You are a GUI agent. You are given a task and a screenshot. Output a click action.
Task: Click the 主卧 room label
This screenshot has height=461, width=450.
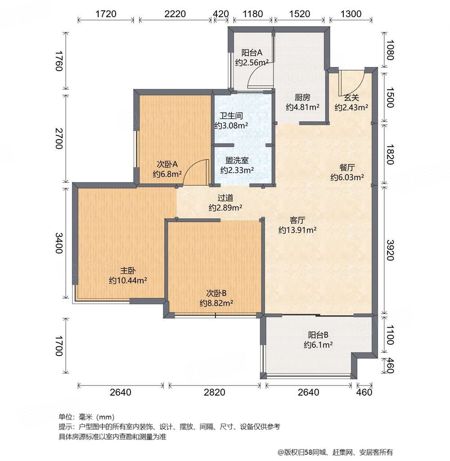tap(128, 271)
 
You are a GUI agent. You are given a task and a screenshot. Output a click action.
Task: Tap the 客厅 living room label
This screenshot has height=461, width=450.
tap(297, 220)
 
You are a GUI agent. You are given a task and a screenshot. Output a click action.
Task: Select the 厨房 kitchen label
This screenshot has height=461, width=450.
tap(302, 97)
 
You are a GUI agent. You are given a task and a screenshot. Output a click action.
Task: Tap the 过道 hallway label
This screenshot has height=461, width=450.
tap(225, 198)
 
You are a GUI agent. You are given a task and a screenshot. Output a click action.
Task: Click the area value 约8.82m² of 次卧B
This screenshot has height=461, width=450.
tap(216, 303)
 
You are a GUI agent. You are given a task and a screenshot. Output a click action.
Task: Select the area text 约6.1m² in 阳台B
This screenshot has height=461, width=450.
tap(318, 345)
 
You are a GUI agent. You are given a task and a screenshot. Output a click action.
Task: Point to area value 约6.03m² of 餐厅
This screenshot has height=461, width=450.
tap(347, 177)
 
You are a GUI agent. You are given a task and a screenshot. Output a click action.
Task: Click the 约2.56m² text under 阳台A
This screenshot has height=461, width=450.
tap(252, 63)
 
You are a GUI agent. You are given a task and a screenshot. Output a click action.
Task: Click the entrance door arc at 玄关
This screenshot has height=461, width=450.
tap(350, 80)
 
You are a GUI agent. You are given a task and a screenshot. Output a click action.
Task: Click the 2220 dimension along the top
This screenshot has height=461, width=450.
tap(175, 14)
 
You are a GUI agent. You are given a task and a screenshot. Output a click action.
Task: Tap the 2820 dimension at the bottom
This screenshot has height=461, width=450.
tap(214, 392)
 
